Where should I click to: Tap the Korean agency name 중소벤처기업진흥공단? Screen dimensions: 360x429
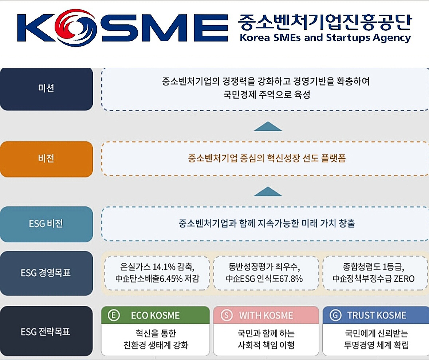324,23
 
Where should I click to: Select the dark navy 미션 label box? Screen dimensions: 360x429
46,88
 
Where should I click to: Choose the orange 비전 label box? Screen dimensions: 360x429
46,159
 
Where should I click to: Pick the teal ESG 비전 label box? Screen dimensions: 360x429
46,224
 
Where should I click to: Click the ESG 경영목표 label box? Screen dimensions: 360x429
46,273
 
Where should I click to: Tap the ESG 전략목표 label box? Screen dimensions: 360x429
46,331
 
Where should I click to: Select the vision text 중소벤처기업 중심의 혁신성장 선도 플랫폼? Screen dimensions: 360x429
267,159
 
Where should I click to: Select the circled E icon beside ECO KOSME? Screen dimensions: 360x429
114,315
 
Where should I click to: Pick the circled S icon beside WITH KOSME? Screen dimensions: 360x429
227,315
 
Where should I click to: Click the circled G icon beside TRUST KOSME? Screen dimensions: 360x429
335,315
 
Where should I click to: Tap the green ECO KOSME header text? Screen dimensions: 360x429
155,315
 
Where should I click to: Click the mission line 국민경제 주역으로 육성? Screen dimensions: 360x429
267,95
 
